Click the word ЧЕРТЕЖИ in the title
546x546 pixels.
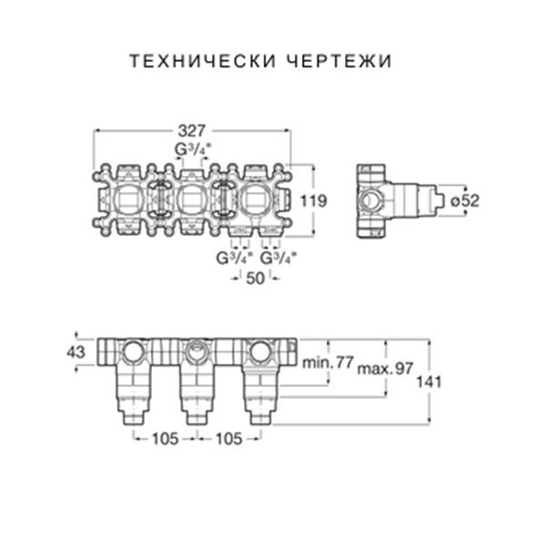(342, 62)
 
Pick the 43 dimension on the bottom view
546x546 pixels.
(76, 351)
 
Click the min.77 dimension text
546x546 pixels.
(328, 362)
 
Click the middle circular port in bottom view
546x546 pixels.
(197, 350)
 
